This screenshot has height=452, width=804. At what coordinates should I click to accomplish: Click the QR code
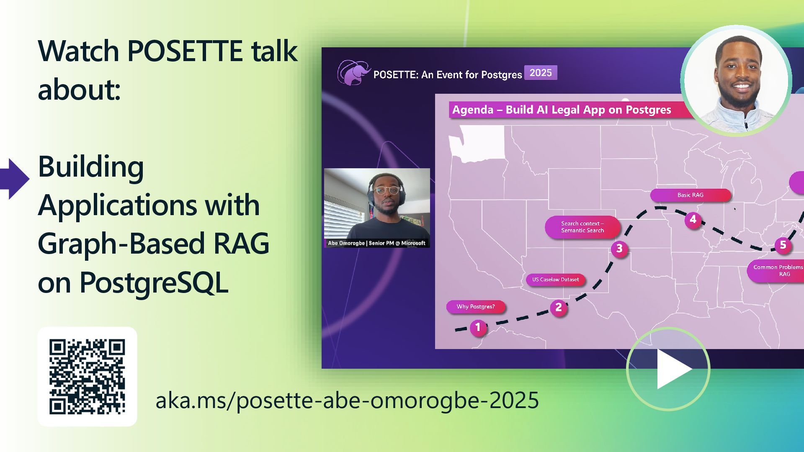tap(87, 377)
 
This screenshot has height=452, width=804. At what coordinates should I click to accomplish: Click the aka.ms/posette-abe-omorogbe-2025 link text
tap(347, 400)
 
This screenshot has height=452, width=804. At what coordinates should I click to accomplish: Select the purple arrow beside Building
tap(15, 179)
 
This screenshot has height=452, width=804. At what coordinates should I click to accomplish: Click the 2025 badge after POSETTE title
tap(541, 73)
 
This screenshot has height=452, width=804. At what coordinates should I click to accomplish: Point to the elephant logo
tap(354, 72)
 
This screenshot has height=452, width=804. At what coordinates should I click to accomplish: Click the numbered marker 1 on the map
tap(478, 327)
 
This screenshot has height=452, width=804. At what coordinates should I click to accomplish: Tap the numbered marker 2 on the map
tap(558, 308)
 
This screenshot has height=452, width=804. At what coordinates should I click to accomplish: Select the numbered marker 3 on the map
tap(619, 249)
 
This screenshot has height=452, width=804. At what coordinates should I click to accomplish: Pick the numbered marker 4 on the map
tap(693, 220)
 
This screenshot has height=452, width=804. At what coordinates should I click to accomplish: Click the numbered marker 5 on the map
tap(783, 245)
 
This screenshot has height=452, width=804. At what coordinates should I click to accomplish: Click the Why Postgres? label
tap(476, 307)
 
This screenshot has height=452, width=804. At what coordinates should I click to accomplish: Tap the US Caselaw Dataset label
tap(556, 280)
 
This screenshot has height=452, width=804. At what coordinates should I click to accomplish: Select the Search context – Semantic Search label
tap(582, 227)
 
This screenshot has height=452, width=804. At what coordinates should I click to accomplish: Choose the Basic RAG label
tap(691, 195)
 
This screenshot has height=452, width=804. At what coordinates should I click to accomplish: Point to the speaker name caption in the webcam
tap(376, 243)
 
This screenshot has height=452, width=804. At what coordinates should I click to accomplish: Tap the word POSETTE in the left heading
tap(185, 51)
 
